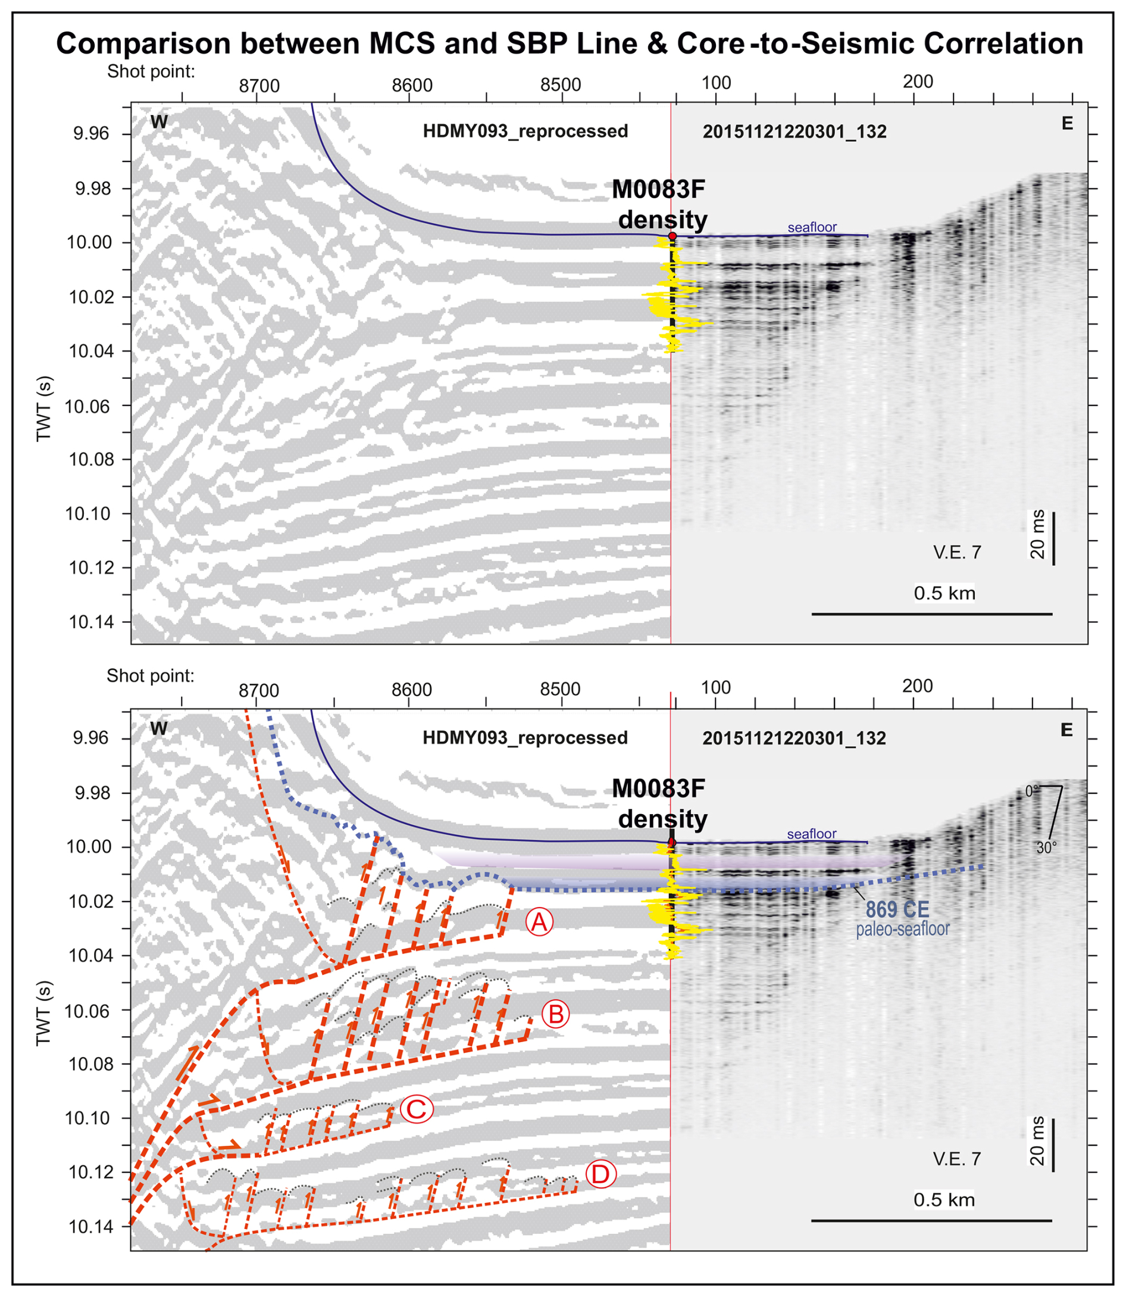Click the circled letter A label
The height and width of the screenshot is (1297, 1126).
click(x=539, y=922)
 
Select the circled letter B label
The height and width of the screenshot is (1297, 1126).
click(x=555, y=1014)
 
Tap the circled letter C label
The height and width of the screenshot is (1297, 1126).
click(x=417, y=1109)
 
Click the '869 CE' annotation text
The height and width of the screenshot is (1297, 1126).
click(x=897, y=910)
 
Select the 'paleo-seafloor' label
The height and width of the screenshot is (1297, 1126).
click(x=902, y=929)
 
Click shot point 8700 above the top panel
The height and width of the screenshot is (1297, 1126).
click(x=259, y=86)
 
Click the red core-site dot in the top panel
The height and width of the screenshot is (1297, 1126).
click(x=673, y=236)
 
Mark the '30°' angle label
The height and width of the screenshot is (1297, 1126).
click(x=1046, y=848)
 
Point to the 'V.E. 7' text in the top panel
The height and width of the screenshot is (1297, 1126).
click(x=957, y=553)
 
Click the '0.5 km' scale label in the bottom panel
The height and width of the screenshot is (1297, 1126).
click(x=944, y=1200)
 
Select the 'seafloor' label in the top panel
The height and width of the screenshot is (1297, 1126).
click(x=812, y=227)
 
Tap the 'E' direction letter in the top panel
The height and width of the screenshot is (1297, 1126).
click(x=1067, y=124)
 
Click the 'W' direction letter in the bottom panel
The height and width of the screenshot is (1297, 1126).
click(x=159, y=729)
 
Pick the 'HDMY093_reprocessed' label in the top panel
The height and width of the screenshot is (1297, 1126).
click(x=526, y=132)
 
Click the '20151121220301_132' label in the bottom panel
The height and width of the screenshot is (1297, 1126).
click(x=795, y=738)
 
